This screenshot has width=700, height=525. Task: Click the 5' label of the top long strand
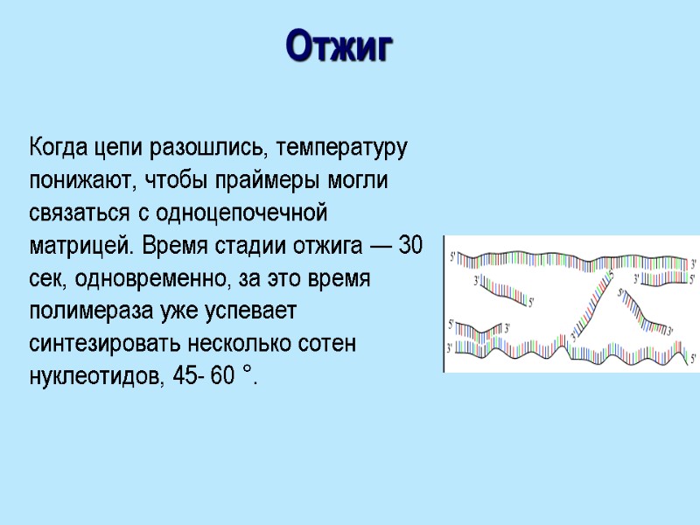click(452, 255)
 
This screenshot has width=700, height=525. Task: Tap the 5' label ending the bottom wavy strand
click(694, 358)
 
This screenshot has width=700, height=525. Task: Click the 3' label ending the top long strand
click(694, 262)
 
